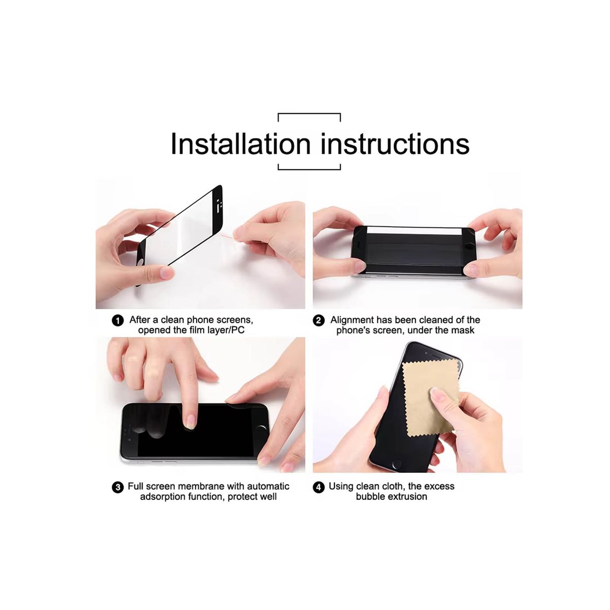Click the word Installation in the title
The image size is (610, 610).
(x=240, y=144)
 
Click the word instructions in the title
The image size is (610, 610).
(x=395, y=144)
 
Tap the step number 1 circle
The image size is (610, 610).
(x=118, y=321)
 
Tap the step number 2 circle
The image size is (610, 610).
(x=318, y=321)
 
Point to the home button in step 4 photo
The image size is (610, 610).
(x=397, y=465)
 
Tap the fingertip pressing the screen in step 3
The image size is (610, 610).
(x=190, y=422)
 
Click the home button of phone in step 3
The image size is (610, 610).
(x=261, y=428)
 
